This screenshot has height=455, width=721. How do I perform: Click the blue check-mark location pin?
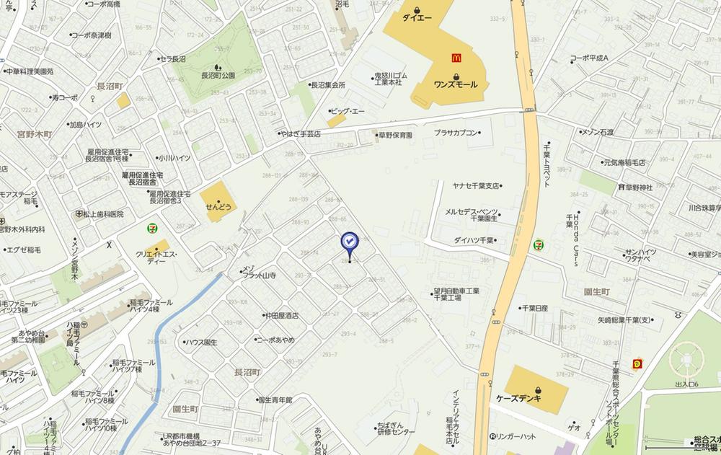[x=350, y=243]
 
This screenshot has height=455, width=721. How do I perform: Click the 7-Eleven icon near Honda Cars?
[x=539, y=244]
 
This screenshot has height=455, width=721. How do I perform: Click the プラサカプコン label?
[x=456, y=133]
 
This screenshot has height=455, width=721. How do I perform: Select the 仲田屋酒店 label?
[x=281, y=316]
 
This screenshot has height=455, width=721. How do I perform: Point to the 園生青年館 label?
[x=275, y=399]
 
